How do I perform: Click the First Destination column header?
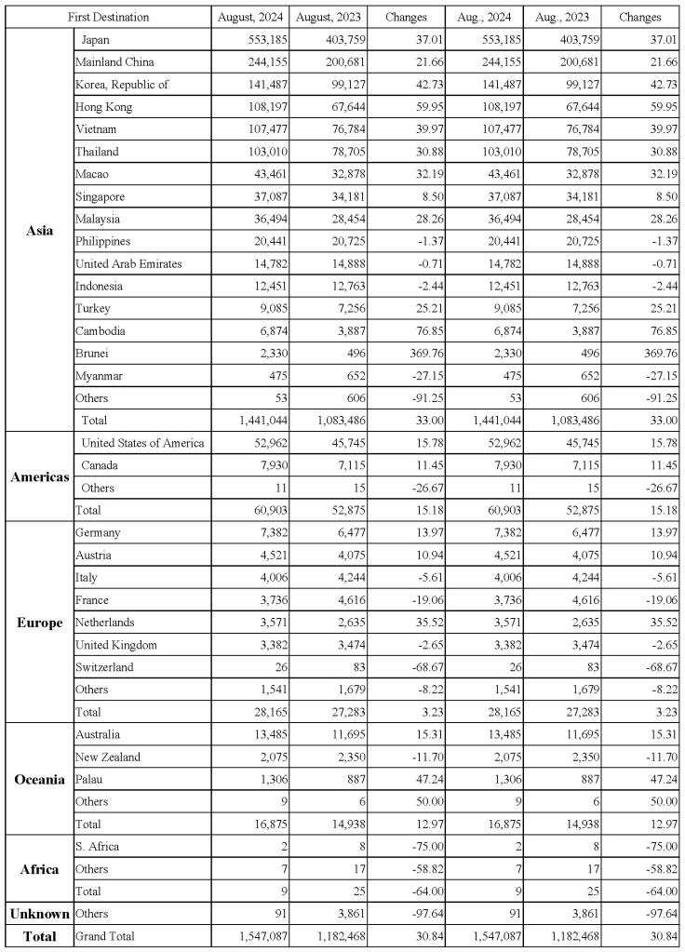pos(106,17)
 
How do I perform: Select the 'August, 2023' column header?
pos(326,17)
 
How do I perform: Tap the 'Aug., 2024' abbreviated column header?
pos(483,17)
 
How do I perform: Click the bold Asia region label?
pos(39,230)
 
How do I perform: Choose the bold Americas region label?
pos(39,476)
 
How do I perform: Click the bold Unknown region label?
pos(38,914)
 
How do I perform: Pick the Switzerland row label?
pos(105,667)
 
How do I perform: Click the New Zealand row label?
pos(108,757)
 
